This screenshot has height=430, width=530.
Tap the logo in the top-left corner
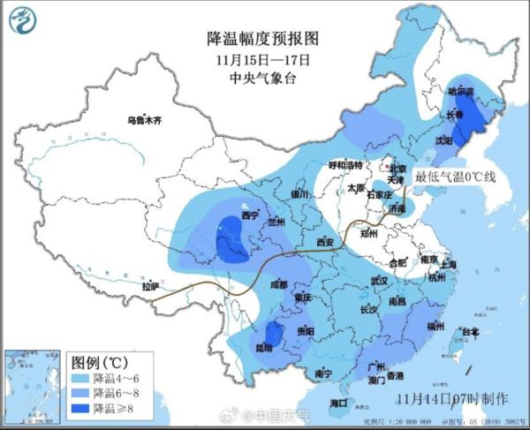pos(27,19)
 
